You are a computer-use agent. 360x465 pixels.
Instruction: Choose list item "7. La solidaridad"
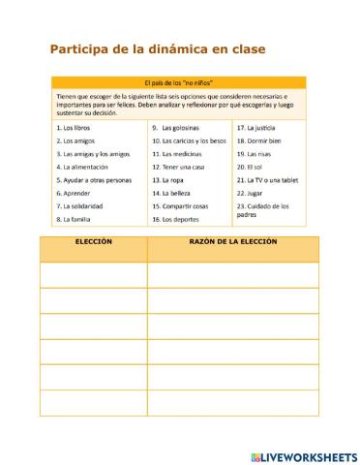click(80, 206)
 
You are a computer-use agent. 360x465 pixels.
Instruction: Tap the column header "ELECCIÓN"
click(94, 241)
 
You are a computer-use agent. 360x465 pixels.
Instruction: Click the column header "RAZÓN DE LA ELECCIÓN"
click(233, 241)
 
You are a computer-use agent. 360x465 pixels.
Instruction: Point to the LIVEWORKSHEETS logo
click(303, 454)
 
